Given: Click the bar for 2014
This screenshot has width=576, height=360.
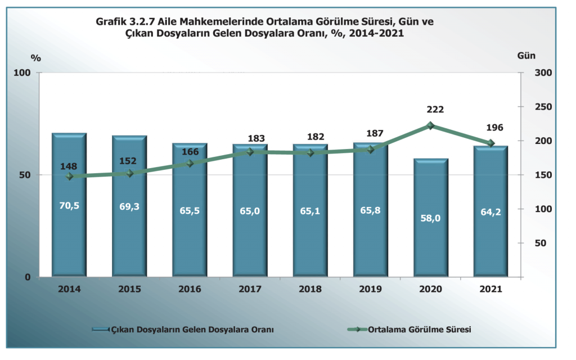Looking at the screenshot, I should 69,225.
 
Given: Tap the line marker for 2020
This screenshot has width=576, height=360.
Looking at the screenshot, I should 430,126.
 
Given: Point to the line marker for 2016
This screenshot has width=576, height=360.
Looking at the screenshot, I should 190,164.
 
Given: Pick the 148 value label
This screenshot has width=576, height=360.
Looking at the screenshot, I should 69,166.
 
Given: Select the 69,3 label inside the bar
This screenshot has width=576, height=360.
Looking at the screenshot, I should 129,206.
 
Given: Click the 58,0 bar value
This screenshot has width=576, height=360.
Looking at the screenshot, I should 430,218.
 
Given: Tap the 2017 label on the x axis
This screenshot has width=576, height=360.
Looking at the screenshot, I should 250,289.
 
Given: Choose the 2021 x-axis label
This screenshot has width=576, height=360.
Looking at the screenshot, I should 490,289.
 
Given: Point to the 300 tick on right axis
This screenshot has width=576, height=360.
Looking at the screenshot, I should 536,73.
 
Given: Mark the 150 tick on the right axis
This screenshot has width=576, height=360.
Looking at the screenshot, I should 536,175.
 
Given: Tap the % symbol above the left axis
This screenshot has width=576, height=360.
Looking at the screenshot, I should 36,58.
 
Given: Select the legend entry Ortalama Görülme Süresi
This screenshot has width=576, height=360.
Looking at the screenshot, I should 419,329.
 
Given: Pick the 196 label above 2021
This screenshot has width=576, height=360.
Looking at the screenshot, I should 494,128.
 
